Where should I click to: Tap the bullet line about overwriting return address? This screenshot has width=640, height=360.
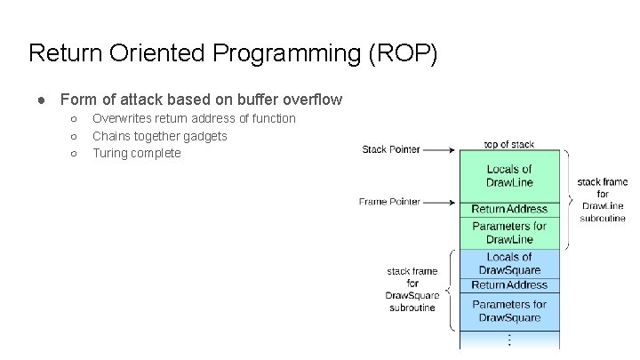(x=194, y=118)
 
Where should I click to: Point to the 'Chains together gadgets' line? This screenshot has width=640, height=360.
(x=160, y=136)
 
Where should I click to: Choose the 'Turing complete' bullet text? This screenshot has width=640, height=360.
(x=136, y=153)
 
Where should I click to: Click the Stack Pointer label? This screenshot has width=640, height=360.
(x=391, y=149)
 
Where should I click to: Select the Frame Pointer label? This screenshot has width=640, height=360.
(x=389, y=202)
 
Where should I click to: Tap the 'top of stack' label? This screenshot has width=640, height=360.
(x=508, y=144)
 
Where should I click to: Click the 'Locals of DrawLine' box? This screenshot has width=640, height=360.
(x=508, y=176)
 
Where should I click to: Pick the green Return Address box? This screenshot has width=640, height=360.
(x=508, y=209)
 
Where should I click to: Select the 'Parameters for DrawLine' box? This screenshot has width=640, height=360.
(x=508, y=232)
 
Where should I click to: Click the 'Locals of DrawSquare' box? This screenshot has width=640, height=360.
(x=508, y=263)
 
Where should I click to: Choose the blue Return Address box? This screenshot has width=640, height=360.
(x=508, y=284)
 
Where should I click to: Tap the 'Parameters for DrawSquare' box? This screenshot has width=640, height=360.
(x=508, y=310)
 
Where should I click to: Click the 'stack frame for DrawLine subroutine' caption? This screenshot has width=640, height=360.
(x=603, y=200)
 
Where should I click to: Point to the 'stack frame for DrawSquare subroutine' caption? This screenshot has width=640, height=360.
(x=412, y=289)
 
